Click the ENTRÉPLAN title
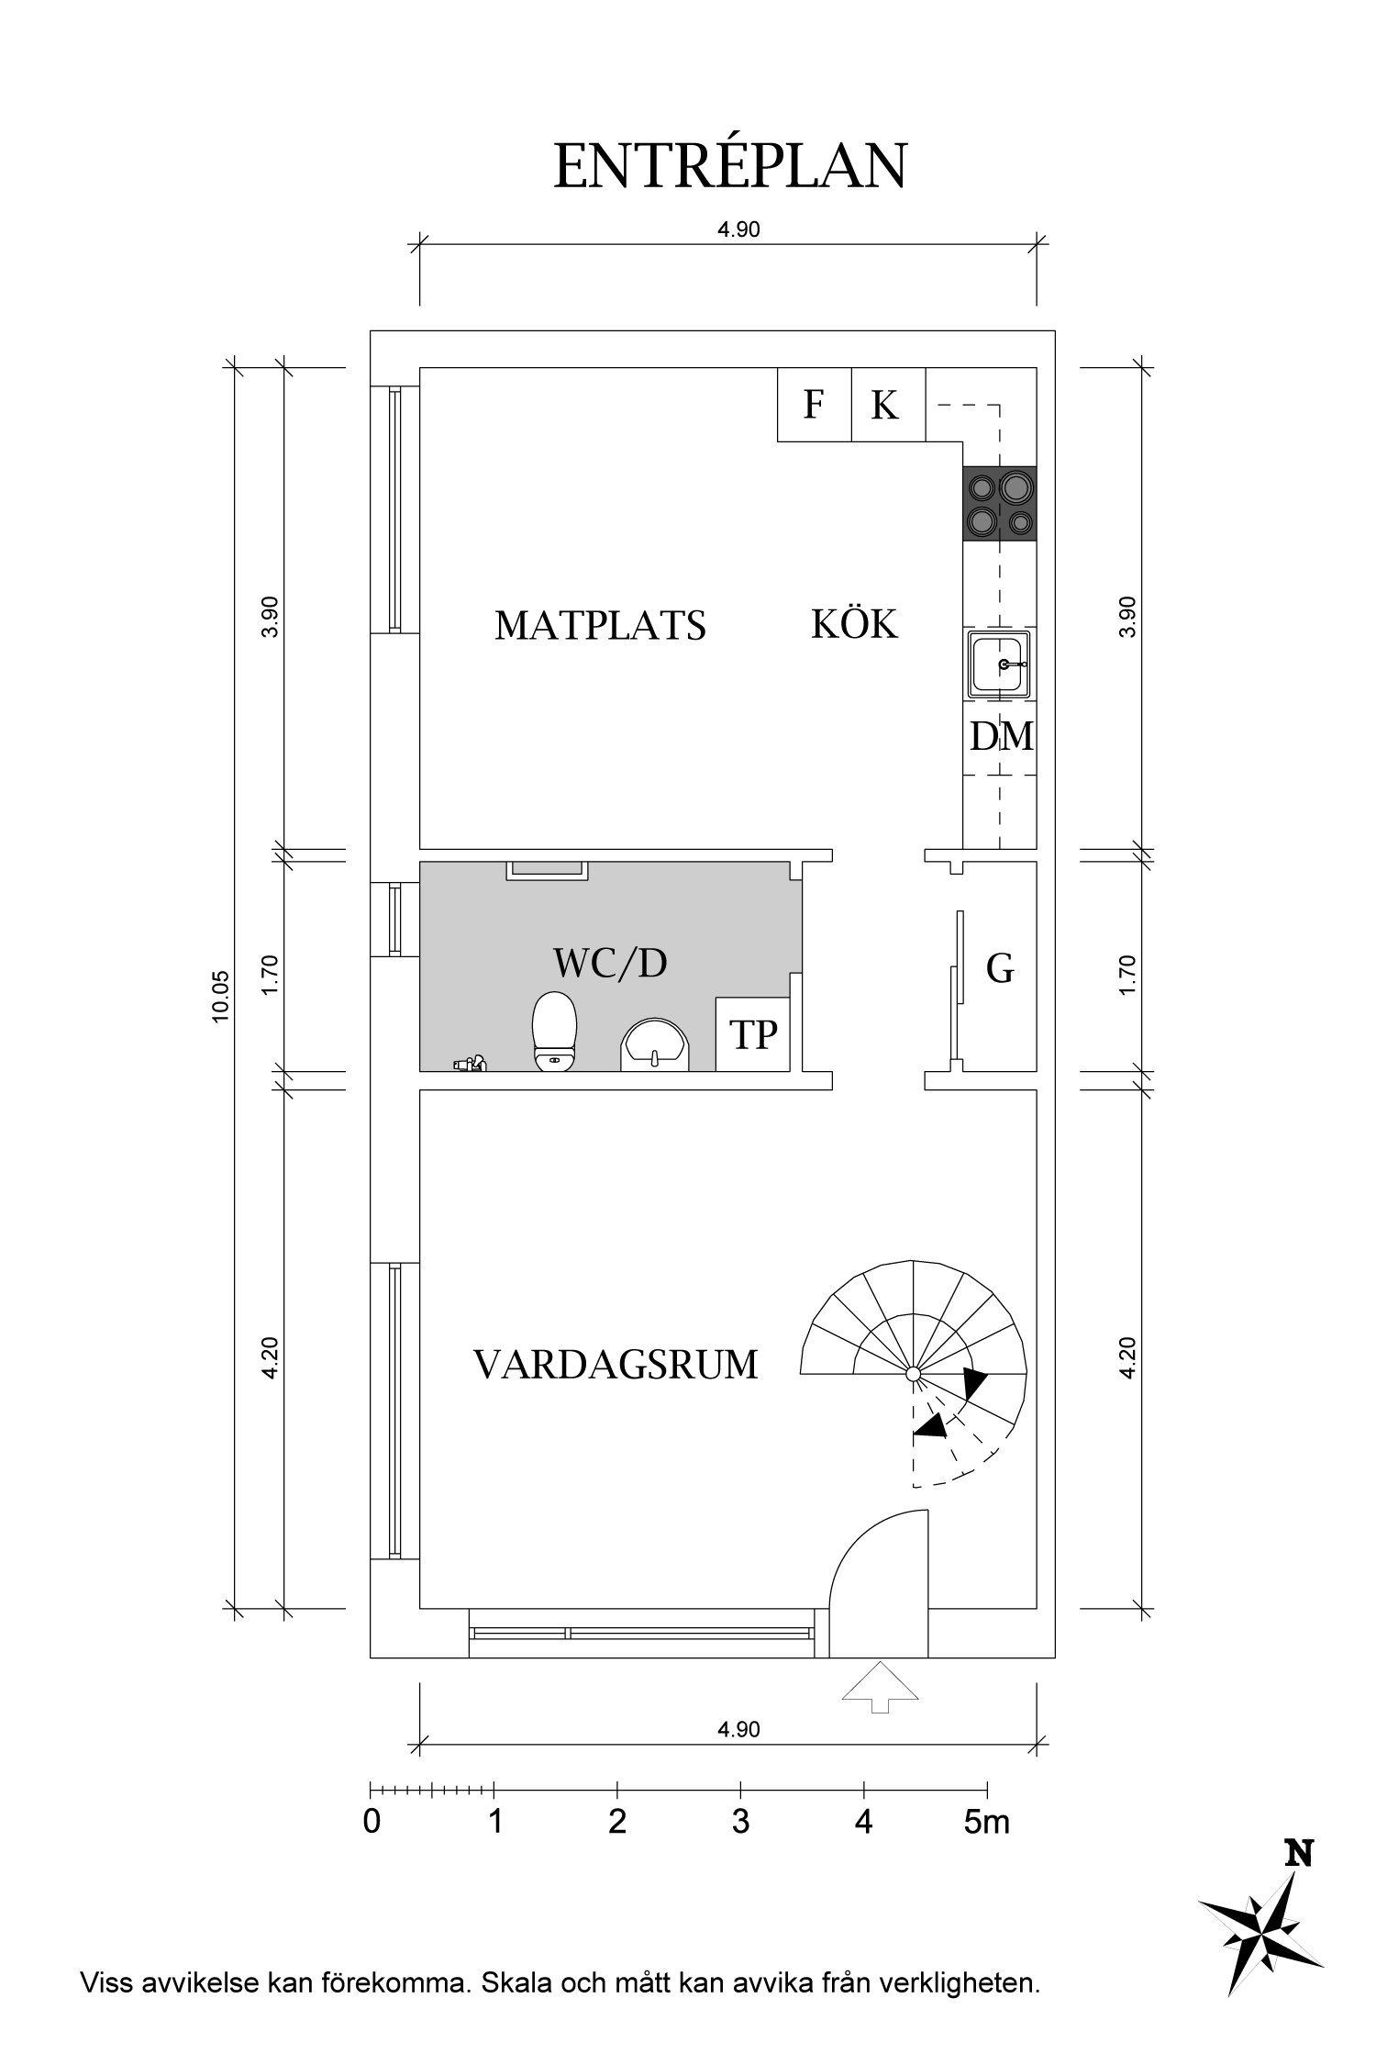click(x=730, y=167)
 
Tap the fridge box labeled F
click(x=814, y=405)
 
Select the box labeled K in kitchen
click(x=886, y=405)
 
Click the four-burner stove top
click(x=999, y=504)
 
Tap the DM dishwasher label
click(x=1001, y=736)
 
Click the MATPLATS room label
click(x=600, y=626)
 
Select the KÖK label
click(x=854, y=624)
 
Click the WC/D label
click(x=610, y=963)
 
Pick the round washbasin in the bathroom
click(x=655, y=1044)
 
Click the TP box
click(x=753, y=1034)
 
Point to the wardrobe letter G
click(x=1000, y=968)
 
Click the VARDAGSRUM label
click(x=616, y=1365)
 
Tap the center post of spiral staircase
click(x=913, y=1374)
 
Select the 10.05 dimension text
click(x=221, y=997)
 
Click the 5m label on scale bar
click(x=986, y=1822)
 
